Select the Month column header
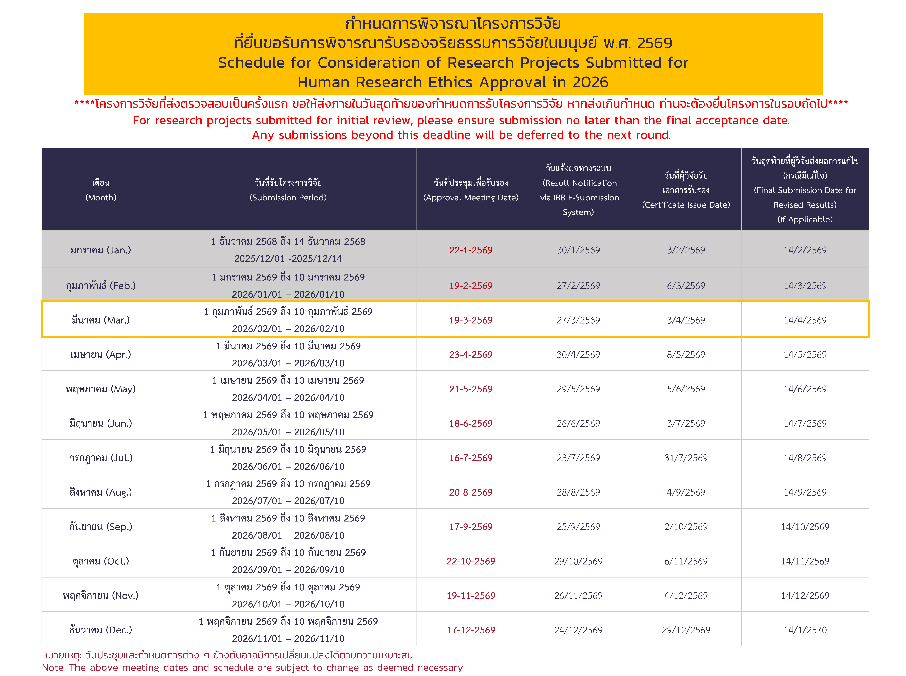[x=101, y=190]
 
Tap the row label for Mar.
[x=101, y=320]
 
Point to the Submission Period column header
[x=288, y=190]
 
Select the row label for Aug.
[x=101, y=492]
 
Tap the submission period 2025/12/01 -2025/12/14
[x=288, y=259]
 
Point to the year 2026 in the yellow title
[x=590, y=82]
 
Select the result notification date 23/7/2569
[x=578, y=458]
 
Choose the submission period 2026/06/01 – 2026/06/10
[x=288, y=467]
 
